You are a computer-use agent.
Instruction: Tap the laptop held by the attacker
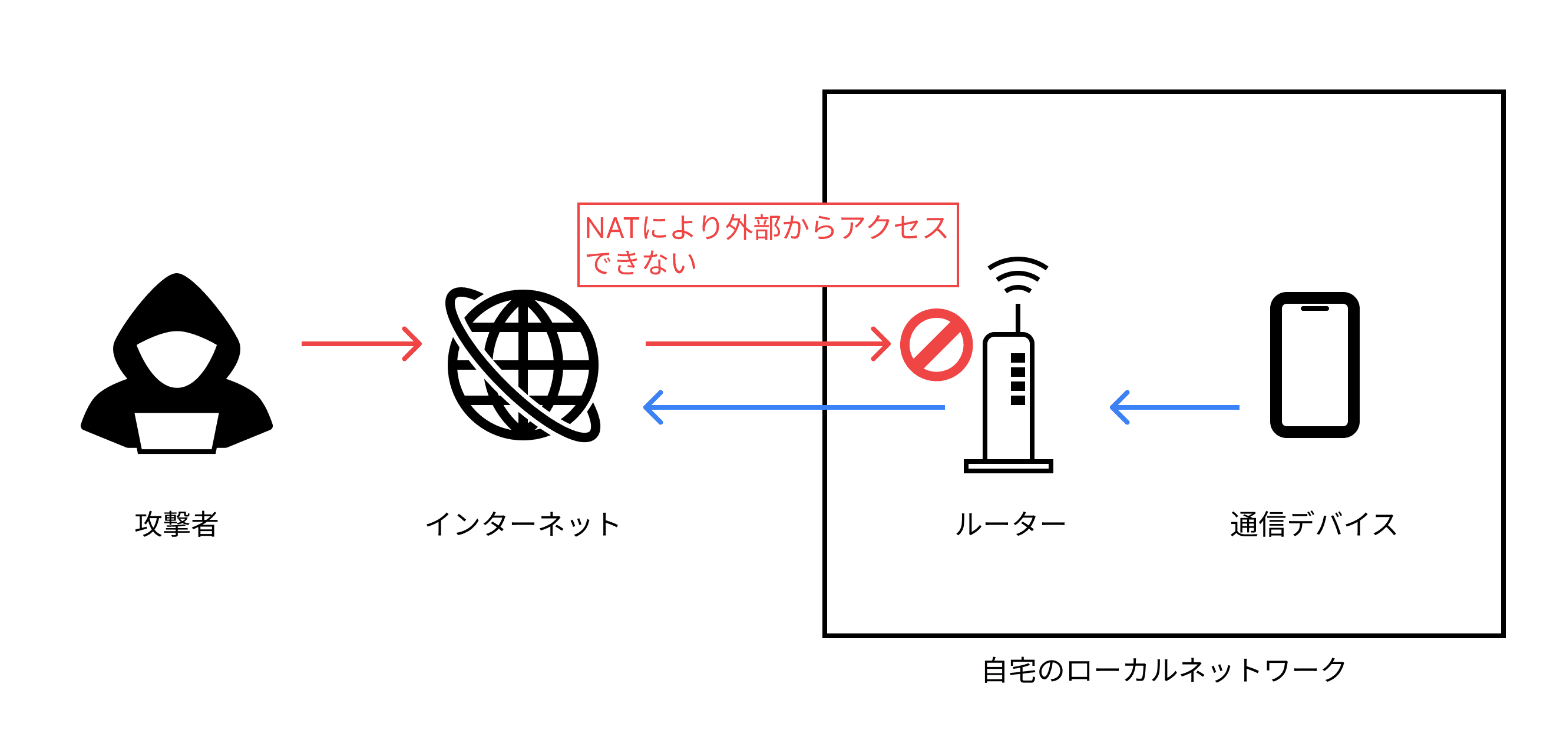pos(176,431)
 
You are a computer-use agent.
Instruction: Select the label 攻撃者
pos(176,524)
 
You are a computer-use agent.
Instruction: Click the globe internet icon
pos(523,365)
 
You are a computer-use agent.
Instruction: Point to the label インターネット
pos(523,524)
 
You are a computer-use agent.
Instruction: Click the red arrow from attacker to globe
pos(362,344)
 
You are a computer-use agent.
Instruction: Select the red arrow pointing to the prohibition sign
pos(767,344)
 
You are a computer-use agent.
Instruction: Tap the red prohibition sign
pos(936,345)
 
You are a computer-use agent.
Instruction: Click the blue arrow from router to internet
pos(794,407)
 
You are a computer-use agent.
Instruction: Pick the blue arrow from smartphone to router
pos(1174,407)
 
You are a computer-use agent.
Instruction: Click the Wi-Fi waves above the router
pos(1018,276)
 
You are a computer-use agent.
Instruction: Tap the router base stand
pos(1009,466)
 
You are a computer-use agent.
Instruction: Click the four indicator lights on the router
pos(1018,379)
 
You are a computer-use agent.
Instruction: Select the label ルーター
pos(1010,524)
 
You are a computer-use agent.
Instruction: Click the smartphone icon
pos(1315,365)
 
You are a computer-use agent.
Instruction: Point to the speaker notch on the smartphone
pos(1315,308)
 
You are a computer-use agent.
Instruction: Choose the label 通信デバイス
pos(1314,524)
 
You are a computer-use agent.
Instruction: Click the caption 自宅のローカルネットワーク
pos(1164,671)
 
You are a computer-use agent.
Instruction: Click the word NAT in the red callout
pos(612,229)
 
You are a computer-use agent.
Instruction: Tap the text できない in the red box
pos(641,263)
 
